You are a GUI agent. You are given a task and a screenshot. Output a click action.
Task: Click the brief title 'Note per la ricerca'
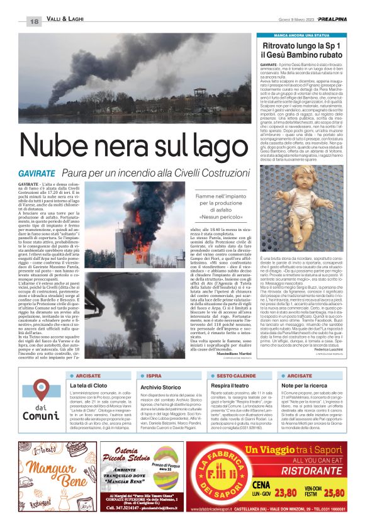click(x=303, y=385)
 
